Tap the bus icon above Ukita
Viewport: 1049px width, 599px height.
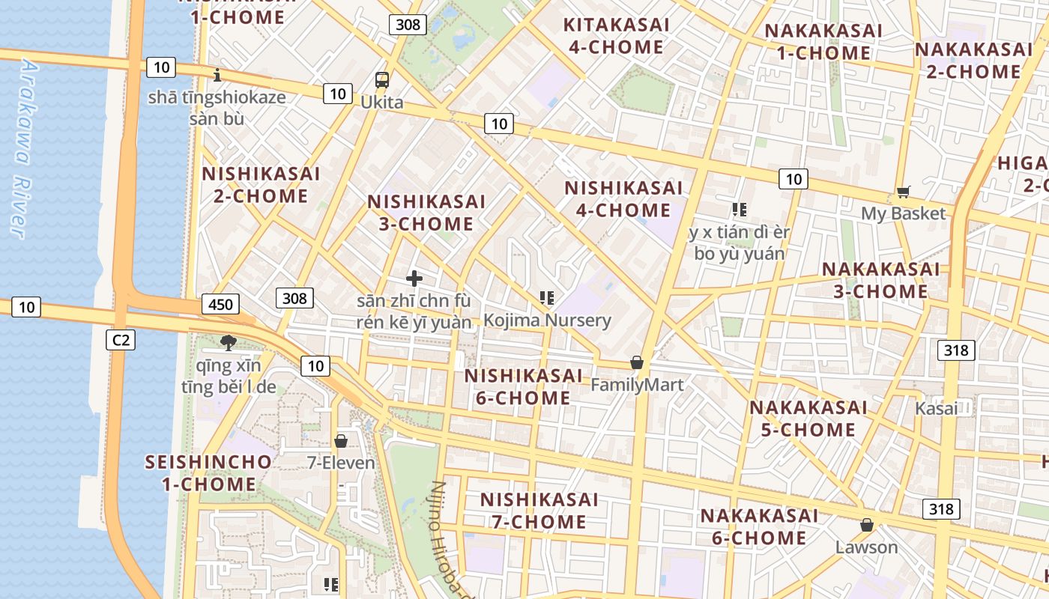[381, 80]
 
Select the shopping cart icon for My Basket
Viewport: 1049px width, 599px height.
[904, 192]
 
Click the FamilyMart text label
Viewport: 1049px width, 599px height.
[637, 385]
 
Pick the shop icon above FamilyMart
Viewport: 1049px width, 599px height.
[637, 363]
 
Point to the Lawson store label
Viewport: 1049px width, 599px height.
[866, 547]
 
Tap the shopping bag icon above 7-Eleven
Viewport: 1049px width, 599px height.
[341, 441]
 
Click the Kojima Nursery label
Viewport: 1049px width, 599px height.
[547, 320]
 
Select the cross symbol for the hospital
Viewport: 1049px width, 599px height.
[414, 279]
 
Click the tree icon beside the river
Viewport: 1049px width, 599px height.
[229, 343]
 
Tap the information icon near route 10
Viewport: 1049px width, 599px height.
[217, 75]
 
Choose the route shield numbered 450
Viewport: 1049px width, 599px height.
[220, 304]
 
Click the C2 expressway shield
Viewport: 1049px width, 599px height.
[121, 341]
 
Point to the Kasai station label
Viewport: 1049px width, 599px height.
[936, 409]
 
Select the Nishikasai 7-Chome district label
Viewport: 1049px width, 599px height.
[539, 510]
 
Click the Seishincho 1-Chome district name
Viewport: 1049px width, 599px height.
[208, 472]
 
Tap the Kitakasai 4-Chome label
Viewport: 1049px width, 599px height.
[616, 36]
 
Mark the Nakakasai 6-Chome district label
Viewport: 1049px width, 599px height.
[759, 526]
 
